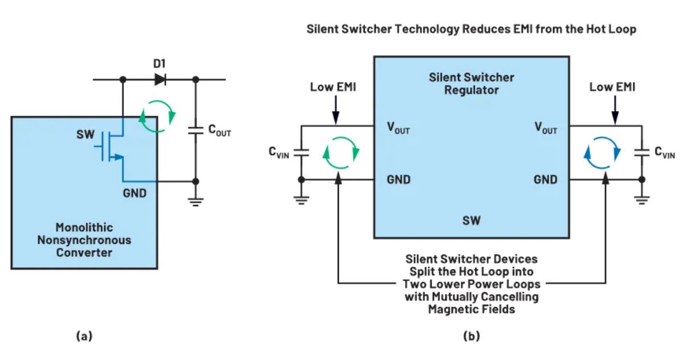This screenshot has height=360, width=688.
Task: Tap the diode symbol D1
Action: [160, 80]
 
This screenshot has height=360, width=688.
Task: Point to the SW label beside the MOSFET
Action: [85, 137]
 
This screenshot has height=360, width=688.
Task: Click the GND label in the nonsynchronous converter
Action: [134, 193]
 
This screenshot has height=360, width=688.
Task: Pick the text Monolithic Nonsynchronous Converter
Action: [84, 239]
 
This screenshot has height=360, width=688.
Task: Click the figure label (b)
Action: [471, 336]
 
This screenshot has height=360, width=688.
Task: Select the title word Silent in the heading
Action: [323, 30]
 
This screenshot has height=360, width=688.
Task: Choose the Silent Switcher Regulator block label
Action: [471, 83]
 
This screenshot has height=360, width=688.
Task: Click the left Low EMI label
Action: [333, 87]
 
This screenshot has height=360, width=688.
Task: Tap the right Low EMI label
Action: [612, 87]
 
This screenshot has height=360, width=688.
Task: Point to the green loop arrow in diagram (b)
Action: [341, 152]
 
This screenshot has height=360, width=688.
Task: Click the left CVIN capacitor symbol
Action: [302, 152]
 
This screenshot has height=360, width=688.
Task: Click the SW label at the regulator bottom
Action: [471, 220]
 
